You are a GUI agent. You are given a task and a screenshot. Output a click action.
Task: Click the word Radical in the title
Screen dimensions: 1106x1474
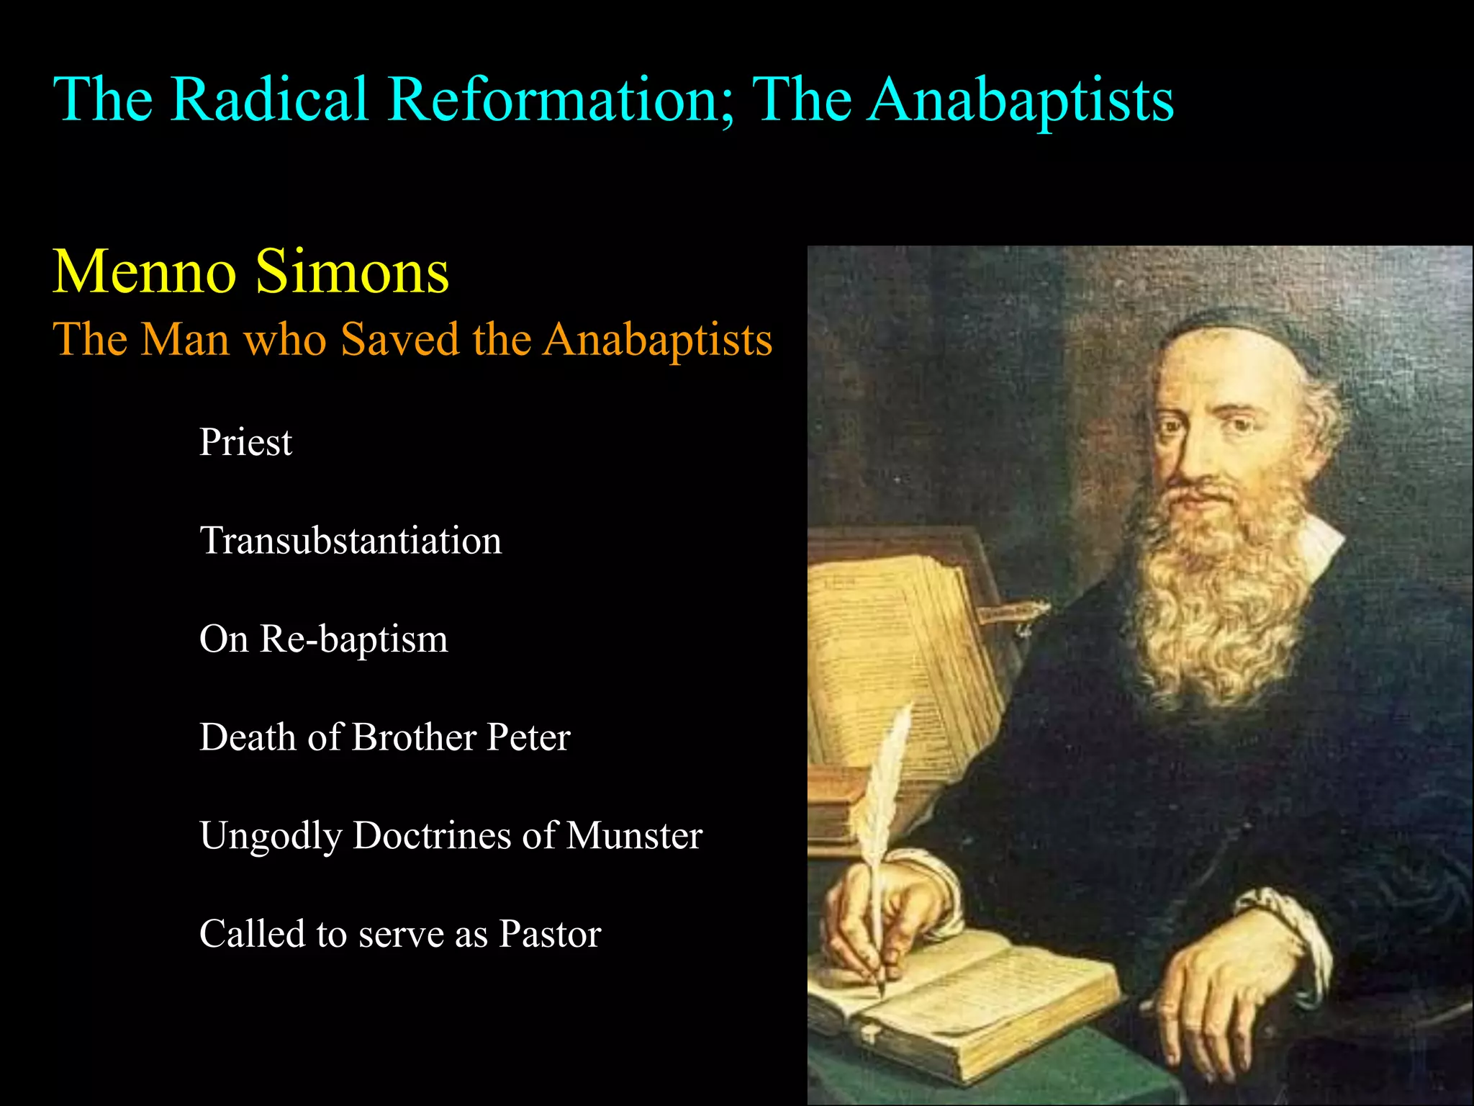[x=270, y=99]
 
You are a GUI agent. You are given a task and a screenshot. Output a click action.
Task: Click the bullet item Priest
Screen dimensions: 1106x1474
[x=245, y=441]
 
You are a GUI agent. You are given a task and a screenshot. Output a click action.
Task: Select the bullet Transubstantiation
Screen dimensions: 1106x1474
[x=351, y=540]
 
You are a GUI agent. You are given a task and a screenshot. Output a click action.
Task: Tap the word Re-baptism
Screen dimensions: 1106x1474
[x=353, y=639]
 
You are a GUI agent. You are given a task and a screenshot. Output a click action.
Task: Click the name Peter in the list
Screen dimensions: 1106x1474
[x=528, y=737]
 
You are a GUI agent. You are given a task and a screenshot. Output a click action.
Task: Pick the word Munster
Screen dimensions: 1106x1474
[x=634, y=835]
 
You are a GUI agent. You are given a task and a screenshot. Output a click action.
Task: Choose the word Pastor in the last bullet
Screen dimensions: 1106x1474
[x=550, y=934]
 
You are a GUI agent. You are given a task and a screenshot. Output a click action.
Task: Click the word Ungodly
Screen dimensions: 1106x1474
[x=271, y=837]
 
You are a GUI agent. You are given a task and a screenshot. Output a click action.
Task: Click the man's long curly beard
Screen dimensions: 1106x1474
[x=1216, y=598]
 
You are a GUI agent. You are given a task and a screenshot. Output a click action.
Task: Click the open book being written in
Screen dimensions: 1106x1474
[x=964, y=1001]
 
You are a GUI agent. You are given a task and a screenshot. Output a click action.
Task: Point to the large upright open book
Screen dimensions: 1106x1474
[x=900, y=662]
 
